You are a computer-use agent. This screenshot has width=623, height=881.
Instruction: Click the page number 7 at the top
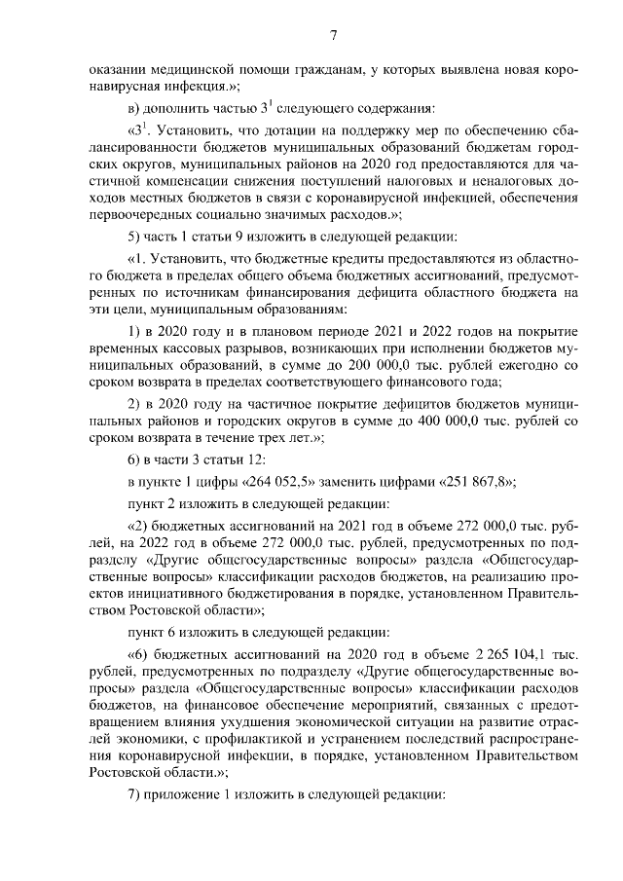click(x=333, y=36)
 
